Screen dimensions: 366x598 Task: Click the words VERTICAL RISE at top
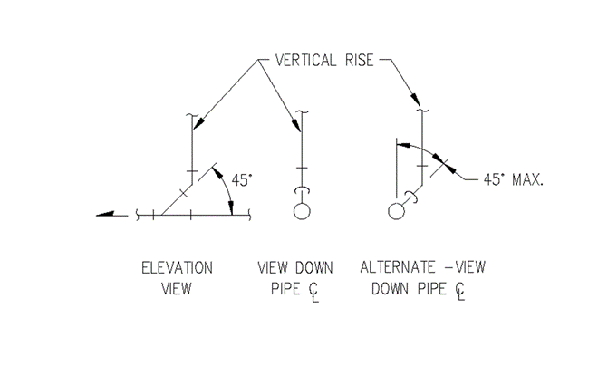(x=316, y=62)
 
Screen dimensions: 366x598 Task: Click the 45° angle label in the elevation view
(x=240, y=180)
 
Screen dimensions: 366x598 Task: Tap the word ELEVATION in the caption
(x=177, y=268)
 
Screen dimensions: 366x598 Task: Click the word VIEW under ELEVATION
(x=177, y=289)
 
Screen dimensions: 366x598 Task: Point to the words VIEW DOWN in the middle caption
(x=294, y=268)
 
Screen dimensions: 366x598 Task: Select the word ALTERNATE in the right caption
(x=393, y=268)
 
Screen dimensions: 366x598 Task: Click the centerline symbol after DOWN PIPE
(x=461, y=291)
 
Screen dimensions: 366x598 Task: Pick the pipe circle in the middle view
(x=302, y=212)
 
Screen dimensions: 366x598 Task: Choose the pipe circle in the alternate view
(x=396, y=212)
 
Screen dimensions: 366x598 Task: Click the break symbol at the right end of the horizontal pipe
(x=246, y=215)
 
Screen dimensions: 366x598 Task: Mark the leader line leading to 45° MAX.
(x=469, y=176)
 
